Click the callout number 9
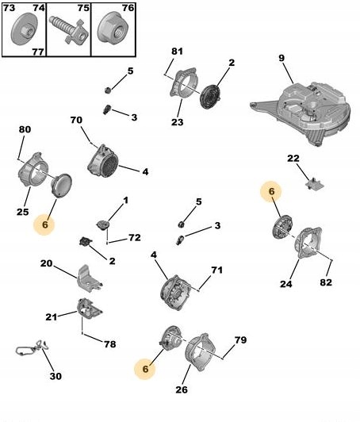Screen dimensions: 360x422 click(281, 58)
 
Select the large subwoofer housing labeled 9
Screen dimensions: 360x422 click(301, 113)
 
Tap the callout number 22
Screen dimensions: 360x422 click(293, 158)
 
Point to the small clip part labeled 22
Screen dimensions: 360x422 click(315, 184)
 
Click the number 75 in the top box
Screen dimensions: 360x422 click(83, 8)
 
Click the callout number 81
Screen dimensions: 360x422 click(177, 51)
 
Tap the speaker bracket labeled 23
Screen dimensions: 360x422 click(182, 84)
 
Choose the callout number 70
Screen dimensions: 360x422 click(76, 120)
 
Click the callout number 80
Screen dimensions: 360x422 click(25, 129)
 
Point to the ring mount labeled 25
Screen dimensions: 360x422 click(33, 170)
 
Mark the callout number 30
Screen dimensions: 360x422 click(56, 376)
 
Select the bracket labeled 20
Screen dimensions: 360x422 click(89, 278)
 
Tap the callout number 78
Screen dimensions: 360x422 click(109, 344)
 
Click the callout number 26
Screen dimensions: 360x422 click(182, 389)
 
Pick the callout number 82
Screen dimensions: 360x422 click(326, 282)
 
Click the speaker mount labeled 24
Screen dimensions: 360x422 click(308, 243)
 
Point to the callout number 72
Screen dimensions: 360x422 click(134, 238)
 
